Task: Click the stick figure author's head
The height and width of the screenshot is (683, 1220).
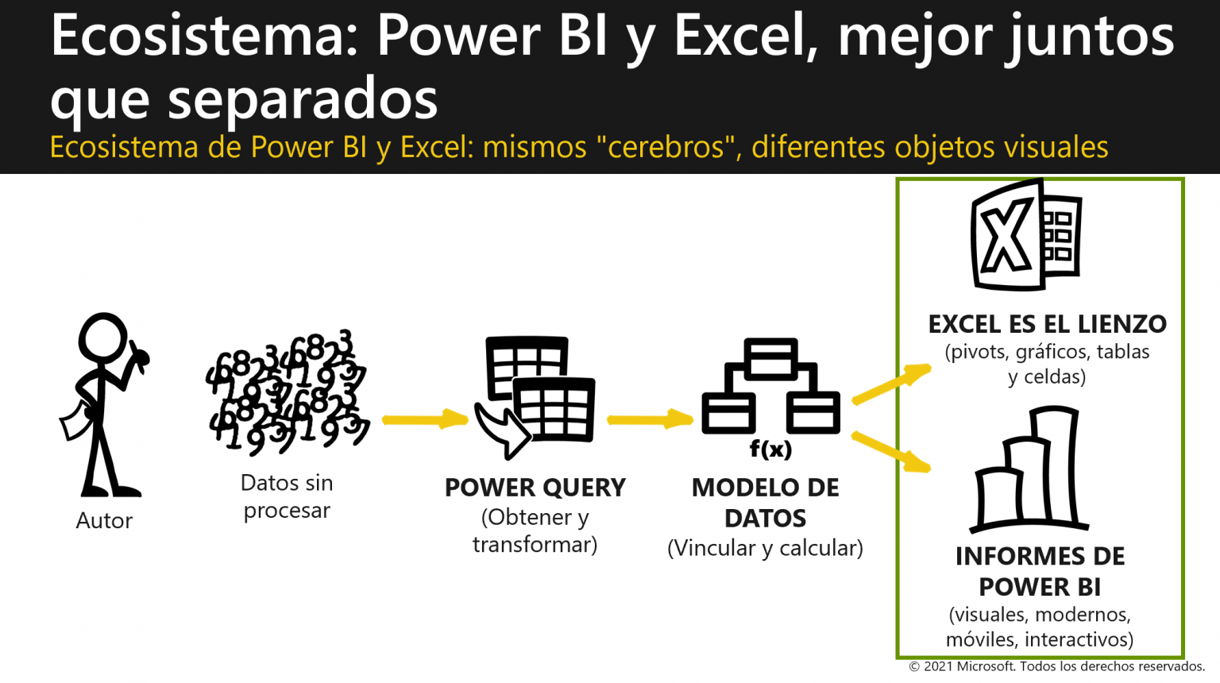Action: pos(103,338)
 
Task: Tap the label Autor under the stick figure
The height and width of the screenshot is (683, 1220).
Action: pos(104,521)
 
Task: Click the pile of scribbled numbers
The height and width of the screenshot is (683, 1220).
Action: pos(287,393)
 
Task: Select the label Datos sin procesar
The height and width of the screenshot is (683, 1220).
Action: pos(287,496)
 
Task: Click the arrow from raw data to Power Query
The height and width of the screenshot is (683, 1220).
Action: pos(425,419)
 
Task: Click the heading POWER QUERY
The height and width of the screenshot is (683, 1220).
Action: pos(535,488)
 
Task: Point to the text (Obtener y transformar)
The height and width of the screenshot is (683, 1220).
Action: pos(535,531)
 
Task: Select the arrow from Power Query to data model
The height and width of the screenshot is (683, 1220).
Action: pos(650,419)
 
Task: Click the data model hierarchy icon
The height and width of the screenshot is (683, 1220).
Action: pos(770,386)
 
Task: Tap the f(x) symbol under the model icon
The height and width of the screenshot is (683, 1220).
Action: pos(770,450)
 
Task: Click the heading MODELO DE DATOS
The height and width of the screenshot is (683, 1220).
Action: pos(765,503)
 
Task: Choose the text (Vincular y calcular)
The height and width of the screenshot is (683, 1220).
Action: pos(765,548)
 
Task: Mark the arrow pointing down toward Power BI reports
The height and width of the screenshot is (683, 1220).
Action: pos(891,451)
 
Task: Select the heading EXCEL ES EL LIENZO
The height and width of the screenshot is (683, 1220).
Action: pos(1047,324)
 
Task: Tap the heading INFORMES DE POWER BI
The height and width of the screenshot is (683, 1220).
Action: pos(1040,571)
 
